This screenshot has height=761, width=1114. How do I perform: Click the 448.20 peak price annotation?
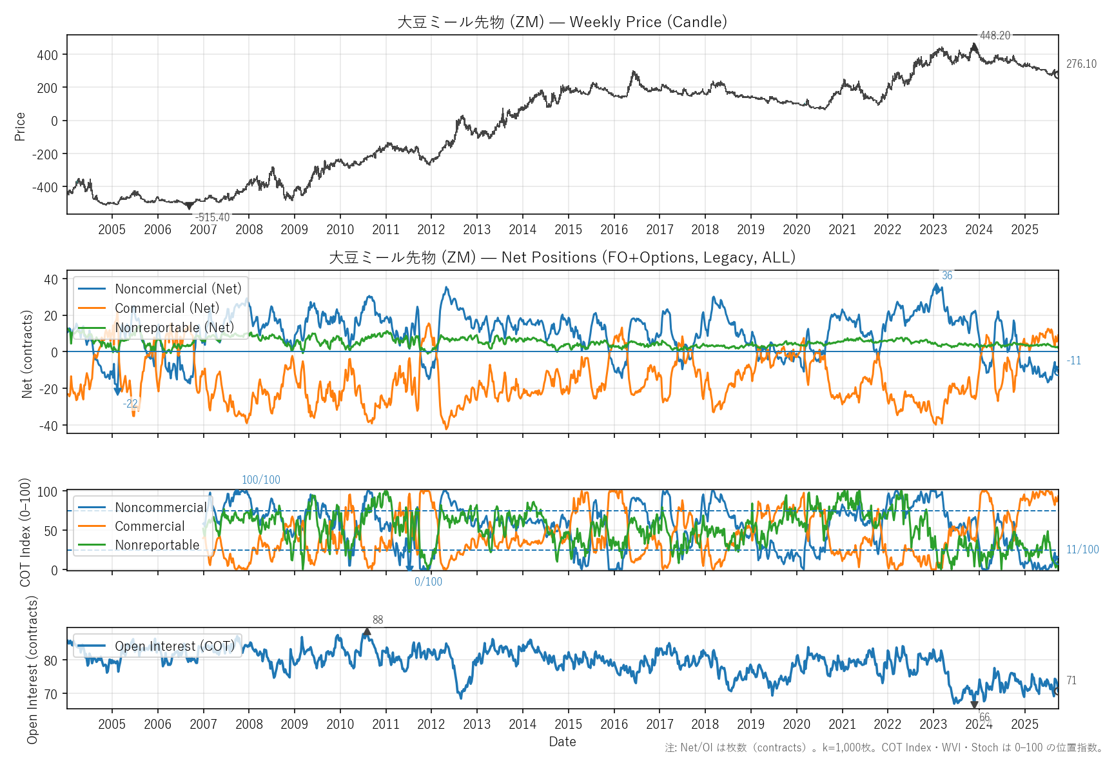tap(995, 35)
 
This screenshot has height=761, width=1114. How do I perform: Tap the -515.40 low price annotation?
tap(212, 217)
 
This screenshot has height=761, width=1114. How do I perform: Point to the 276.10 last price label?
tap(1081, 64)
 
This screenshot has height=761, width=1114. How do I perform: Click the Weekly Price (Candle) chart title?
tap(562, 22)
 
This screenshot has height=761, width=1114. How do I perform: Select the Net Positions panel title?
tap(562, 257)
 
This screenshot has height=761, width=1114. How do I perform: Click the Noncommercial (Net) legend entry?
tap(178, 289)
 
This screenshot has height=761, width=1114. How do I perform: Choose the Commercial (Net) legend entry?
tap(167, 308)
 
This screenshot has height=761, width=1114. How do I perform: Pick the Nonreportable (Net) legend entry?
tap(174, 328)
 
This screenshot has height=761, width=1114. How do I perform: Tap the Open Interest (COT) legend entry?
tap(175, 646)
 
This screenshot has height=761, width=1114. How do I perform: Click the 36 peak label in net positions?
tap(946, 275)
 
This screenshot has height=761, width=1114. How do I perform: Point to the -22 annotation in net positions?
tap(130, 404)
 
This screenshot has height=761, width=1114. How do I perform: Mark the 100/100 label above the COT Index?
tap(260, 480)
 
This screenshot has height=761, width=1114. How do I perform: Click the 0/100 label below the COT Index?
tap(428, 582)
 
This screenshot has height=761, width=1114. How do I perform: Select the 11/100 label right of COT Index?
tap(1082, 549)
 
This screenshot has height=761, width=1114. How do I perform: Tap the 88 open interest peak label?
tap(378, 620)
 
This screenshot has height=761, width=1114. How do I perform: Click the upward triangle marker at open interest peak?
tap(367, 632)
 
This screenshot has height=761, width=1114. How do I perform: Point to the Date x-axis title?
tap(562, 742)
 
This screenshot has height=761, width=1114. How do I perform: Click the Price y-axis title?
tap(20, 126)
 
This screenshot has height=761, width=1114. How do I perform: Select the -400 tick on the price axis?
tap(47, 188)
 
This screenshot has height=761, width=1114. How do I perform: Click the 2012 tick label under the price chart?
tap(431, 230)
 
